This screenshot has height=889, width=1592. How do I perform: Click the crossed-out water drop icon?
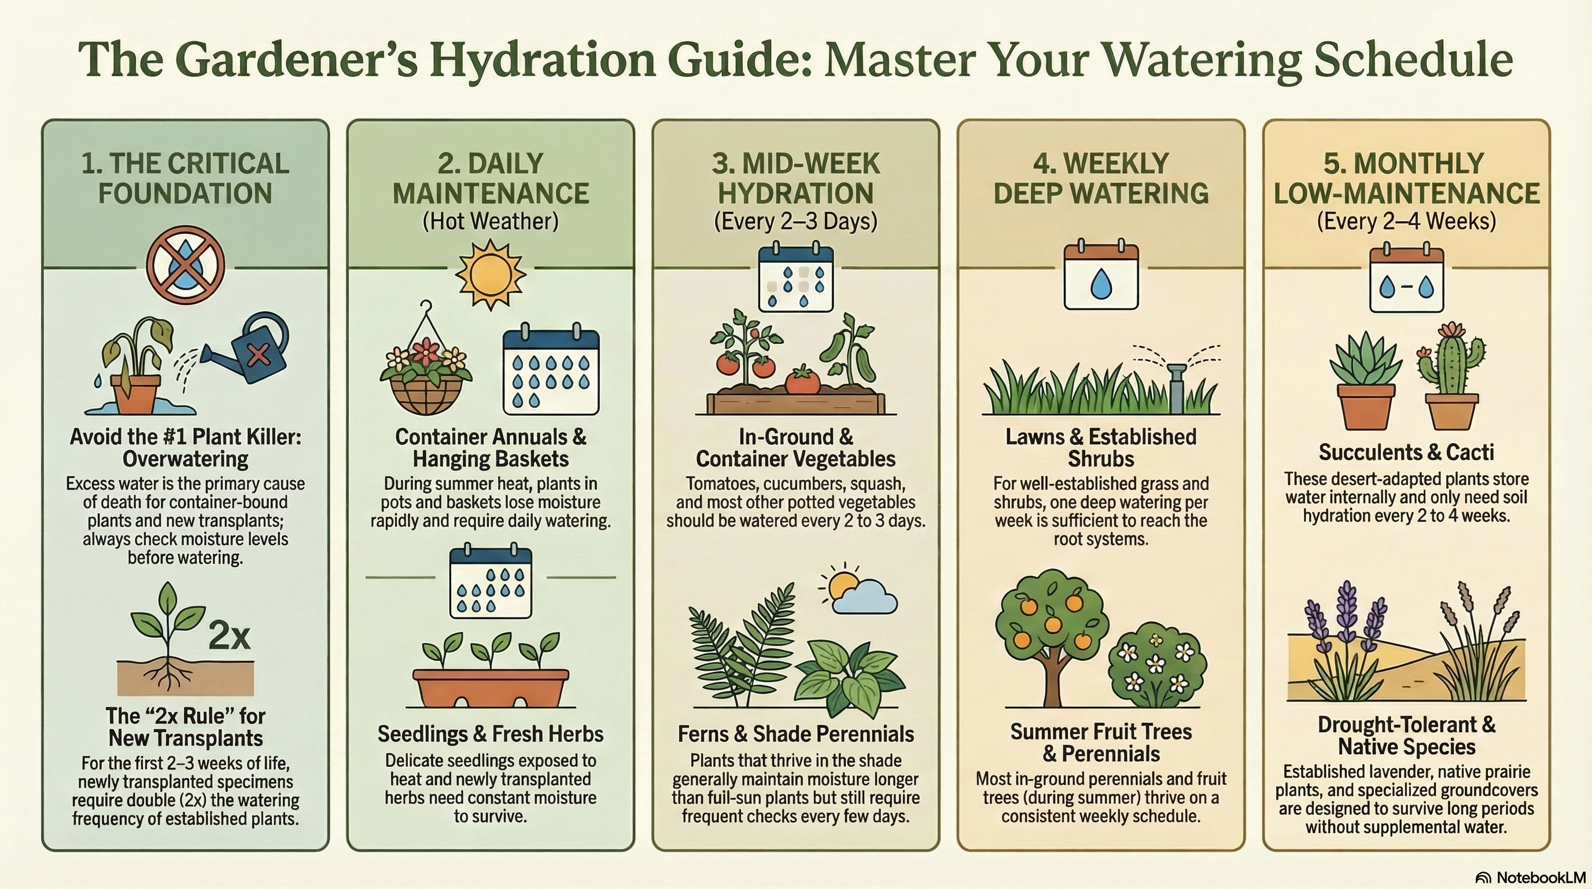click(185, 265)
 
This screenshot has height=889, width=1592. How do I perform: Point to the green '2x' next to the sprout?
click(229, 635)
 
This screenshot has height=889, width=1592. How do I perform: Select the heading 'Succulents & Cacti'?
click(1406, 453)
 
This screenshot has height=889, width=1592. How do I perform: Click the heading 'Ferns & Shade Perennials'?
click(795, 734)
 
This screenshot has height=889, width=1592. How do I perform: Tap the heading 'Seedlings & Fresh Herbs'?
click(491, 734)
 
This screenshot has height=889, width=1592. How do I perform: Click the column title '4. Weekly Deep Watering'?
click(1101, 179)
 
